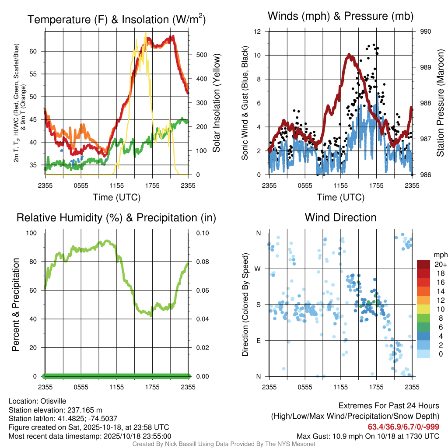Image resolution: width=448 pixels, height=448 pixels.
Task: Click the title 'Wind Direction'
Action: (x=340, y=217)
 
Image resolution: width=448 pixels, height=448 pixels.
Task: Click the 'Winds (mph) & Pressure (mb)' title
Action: (x=340, y=16)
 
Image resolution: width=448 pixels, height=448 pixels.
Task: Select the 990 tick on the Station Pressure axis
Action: (x=426, y=31)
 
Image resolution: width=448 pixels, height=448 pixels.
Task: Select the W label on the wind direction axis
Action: (x=258, y=269)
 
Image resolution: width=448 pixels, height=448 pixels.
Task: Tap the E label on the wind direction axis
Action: (x=259, y=340)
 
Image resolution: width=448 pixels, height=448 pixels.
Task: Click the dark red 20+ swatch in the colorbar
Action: (x=424, y=264)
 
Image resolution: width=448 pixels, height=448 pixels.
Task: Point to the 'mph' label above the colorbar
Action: (x=439, y=255)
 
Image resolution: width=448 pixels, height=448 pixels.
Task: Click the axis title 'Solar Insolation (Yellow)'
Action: (x=216, y=103)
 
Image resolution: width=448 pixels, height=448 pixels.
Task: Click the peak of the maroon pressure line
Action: (x=349, y=55)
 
